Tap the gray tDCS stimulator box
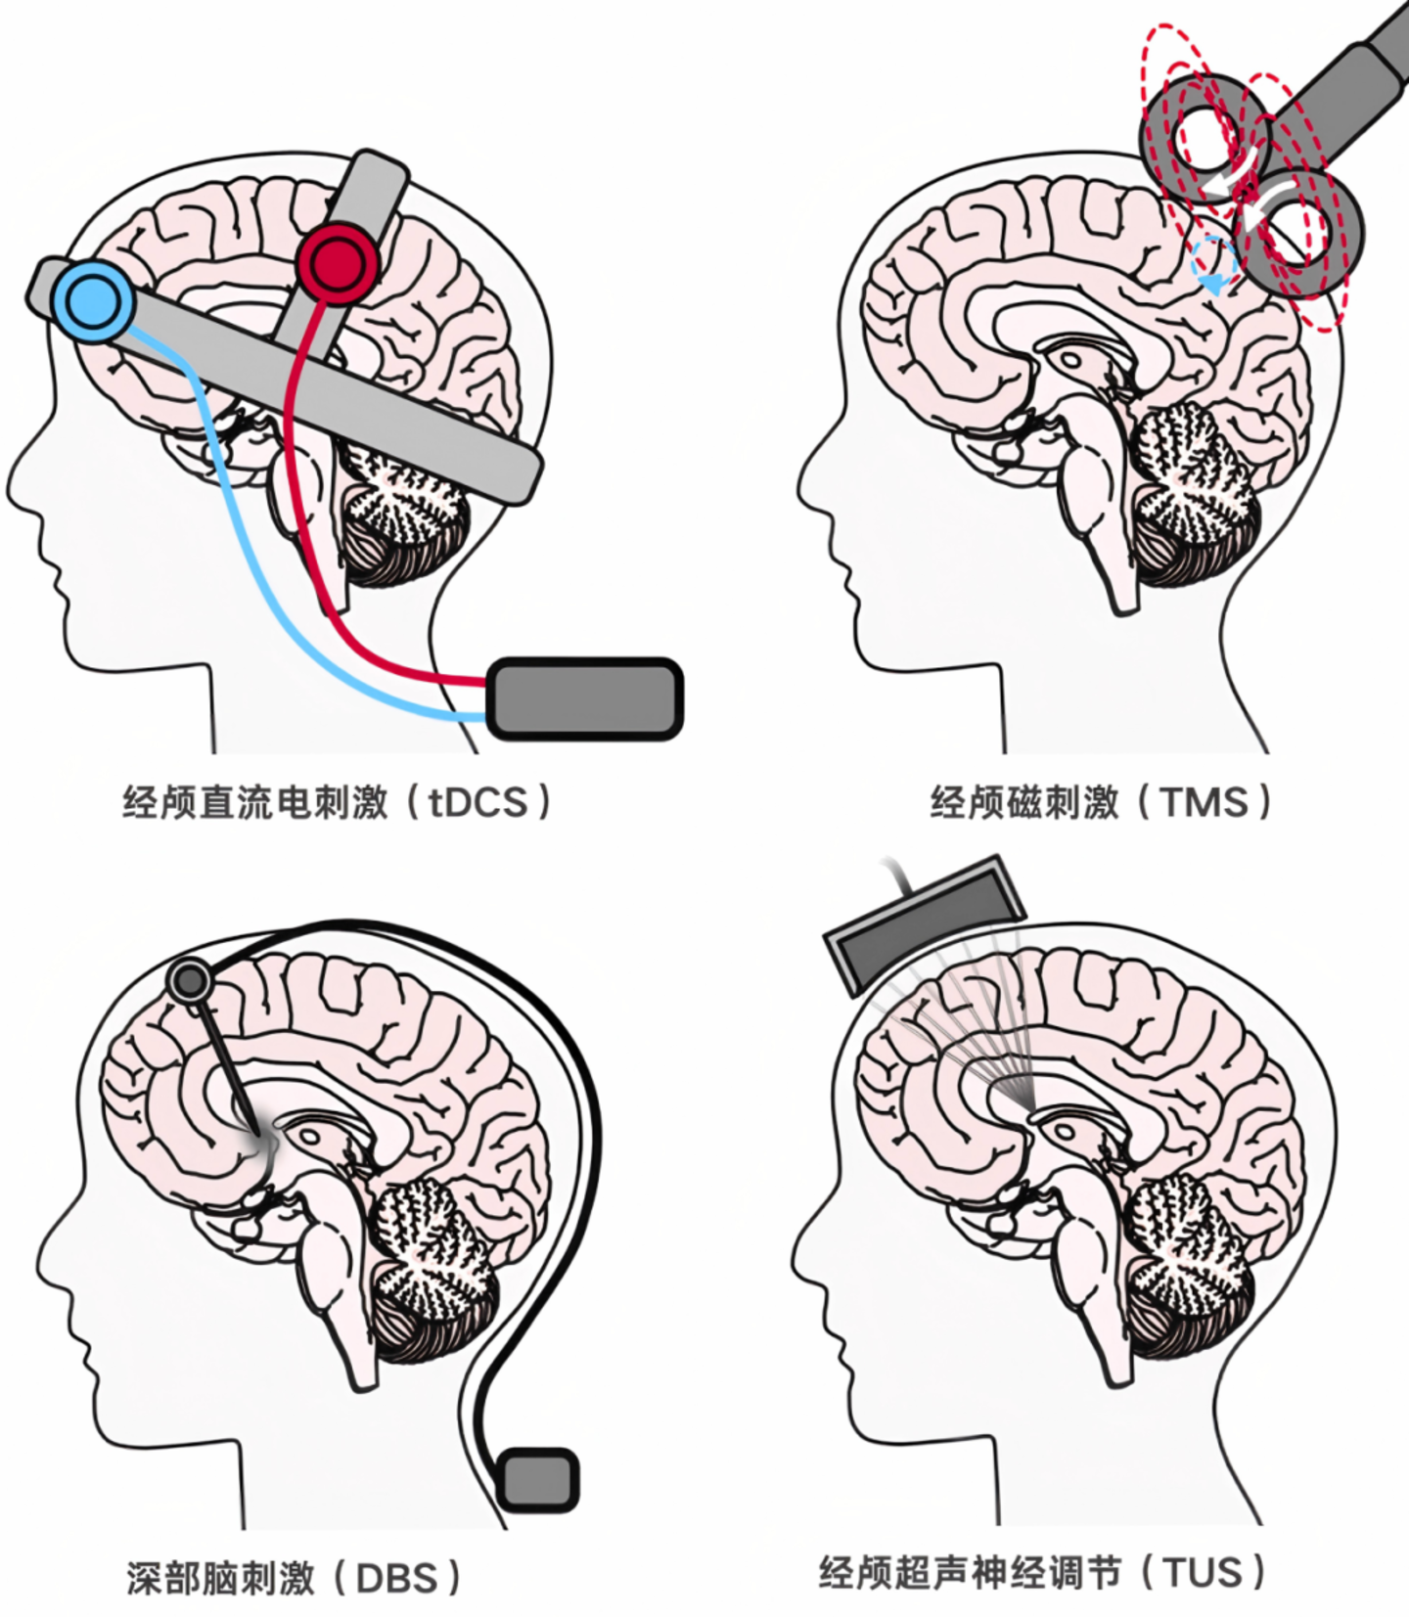coord(584,697)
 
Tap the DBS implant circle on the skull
coord(190,979)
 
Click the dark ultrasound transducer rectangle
coord(924,923)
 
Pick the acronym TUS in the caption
coord(1203,1573)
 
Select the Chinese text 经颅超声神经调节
coord(970,1573)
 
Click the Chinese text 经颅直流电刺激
coord(255,803)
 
